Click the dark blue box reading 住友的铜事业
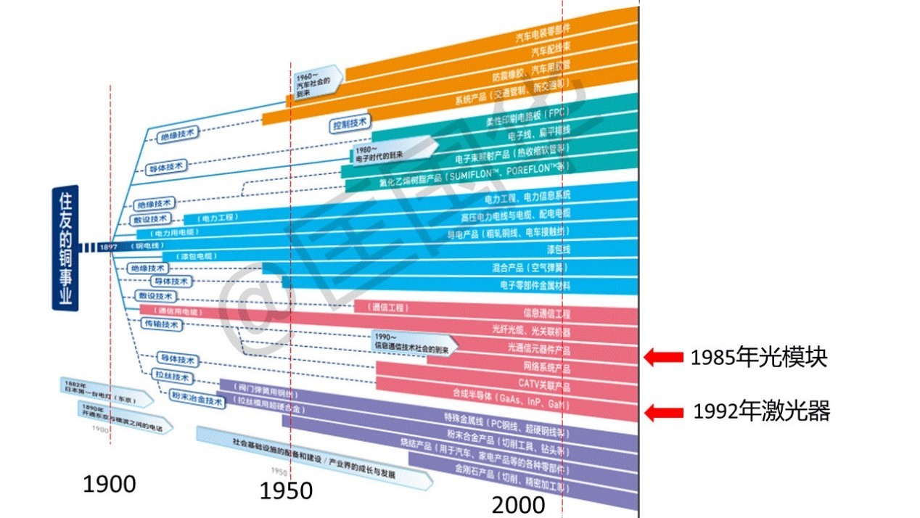click(65, 248)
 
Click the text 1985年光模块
click(758, 357)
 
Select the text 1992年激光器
click(761, 412)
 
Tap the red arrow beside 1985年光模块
click(664, 356)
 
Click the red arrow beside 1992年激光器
click(664, 413)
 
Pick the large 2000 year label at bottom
click(518, 505)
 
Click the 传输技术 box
click(160, 325)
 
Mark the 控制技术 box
click(350, 124)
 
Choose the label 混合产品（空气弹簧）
click(530, 268)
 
